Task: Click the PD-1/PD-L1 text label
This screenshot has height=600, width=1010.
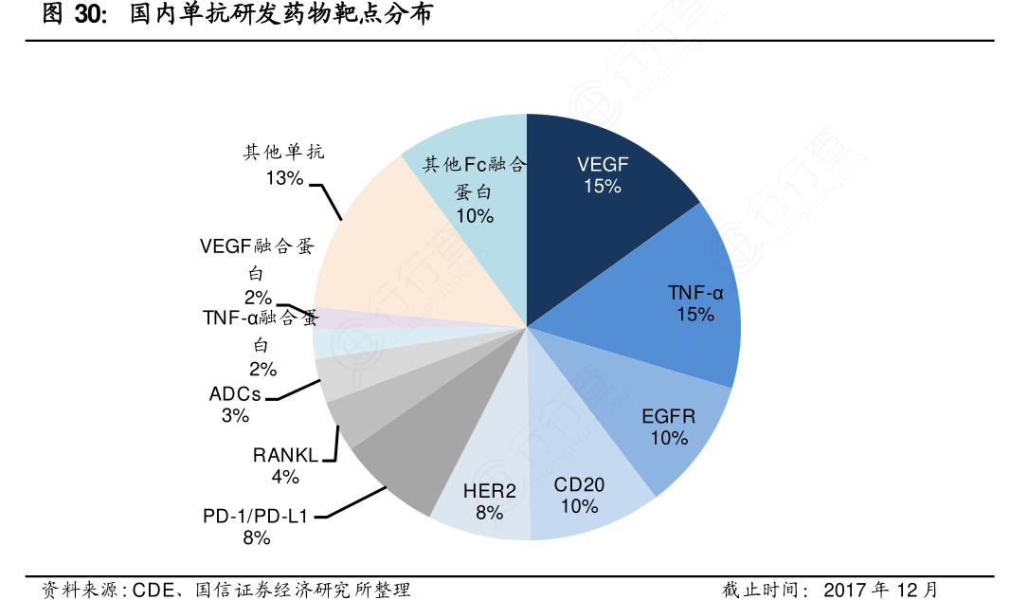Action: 256,517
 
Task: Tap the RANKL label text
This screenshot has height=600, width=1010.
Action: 283,455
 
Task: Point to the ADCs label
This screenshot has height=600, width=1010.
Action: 235,394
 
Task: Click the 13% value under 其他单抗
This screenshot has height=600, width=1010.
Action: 283,177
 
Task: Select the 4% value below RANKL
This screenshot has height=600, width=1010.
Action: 284,477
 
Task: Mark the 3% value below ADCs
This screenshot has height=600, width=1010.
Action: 235,416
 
